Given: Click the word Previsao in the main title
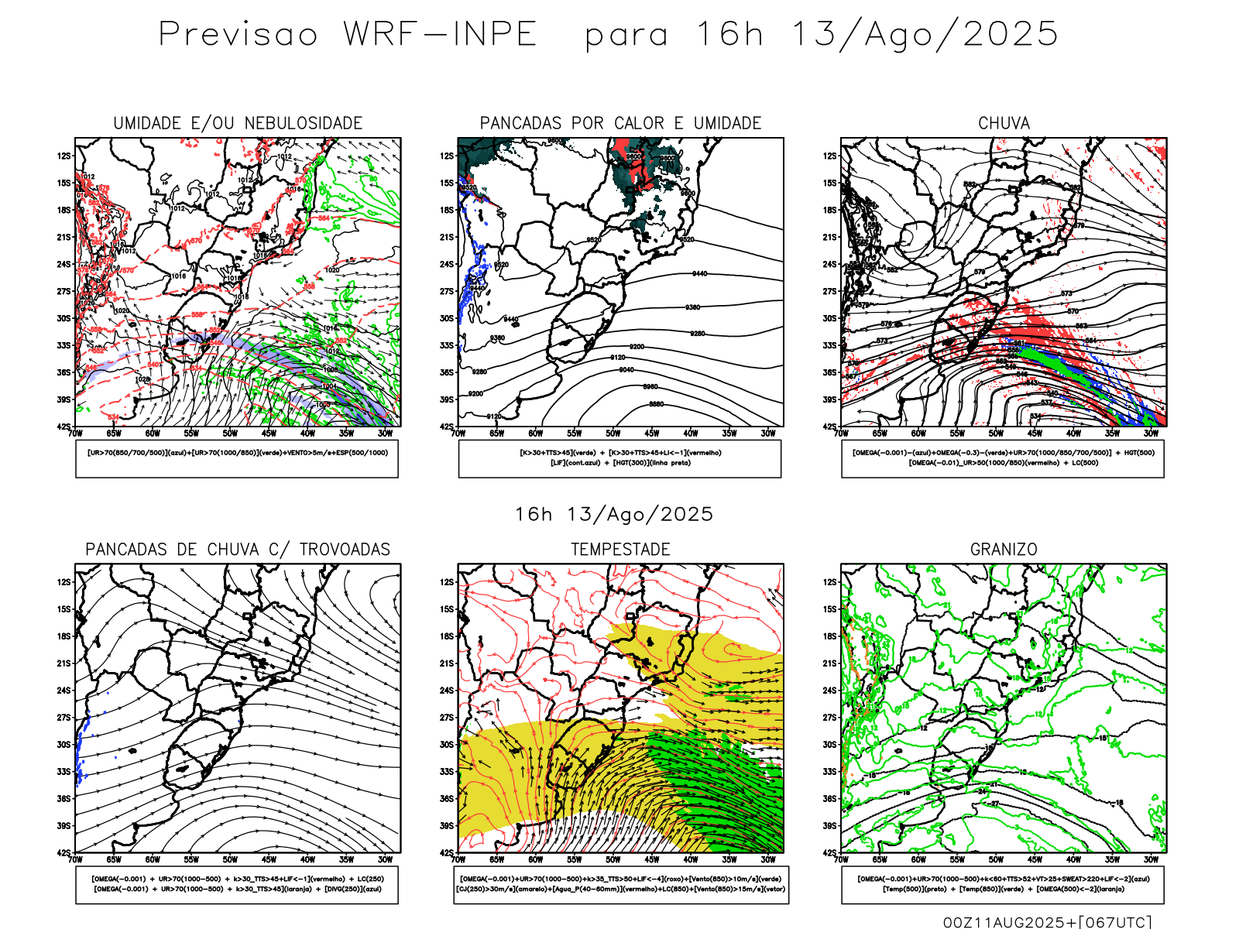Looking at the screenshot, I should (x=239, y=34).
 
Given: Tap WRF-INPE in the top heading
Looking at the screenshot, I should (x=440, y=34).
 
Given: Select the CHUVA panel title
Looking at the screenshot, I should (x=1004, y=123).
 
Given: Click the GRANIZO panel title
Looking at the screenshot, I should (x=1004, y=550).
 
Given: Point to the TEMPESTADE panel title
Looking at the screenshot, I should (x=620, y=550).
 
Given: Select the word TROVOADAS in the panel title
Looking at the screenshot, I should (x=345, y=550).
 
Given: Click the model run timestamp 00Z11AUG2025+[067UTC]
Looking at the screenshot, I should (x=1047, y=922).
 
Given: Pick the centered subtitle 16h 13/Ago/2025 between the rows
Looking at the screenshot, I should (x=614, y=514).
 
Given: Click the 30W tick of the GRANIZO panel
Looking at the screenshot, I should (x=1151, y=859).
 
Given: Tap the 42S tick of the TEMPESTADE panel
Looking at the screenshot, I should (x=447, y=852).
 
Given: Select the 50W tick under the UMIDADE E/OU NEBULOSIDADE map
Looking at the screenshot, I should (x=230, y=434).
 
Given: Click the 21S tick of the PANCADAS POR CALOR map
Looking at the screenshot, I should (x=447, y=237).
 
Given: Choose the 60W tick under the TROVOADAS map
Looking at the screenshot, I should (x=153, y=859).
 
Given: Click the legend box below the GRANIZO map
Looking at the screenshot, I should (x=1003, y=884).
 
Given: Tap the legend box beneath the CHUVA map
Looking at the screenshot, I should (x=1003, y=458).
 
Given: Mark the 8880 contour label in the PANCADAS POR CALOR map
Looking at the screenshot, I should (x=656, y=404).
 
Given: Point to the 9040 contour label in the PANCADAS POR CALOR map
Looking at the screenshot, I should (x=626, y=370).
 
